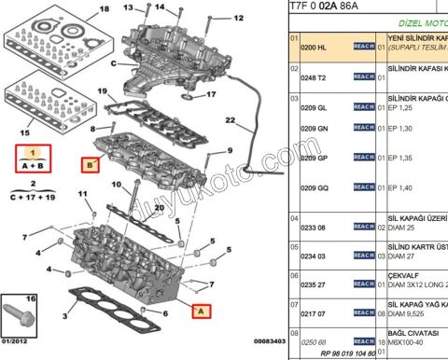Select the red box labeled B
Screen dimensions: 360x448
point(91,166)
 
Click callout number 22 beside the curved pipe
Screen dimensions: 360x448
point(229,120)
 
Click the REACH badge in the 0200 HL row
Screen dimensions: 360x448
point(364,46)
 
